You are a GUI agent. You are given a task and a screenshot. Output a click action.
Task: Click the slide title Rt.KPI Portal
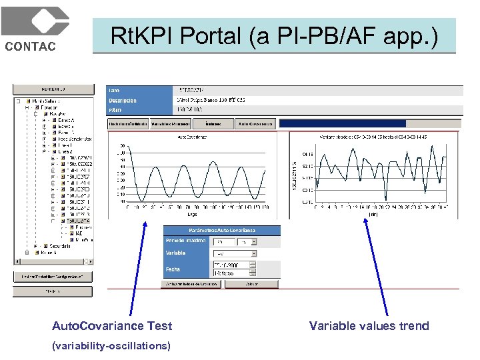tap(274, 36)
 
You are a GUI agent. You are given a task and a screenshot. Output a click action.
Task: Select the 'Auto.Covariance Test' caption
tap(112, 326)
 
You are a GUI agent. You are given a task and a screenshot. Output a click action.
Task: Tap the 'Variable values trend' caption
tap(369, 326)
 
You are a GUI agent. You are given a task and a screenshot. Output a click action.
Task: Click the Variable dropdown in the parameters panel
tap(235, 253)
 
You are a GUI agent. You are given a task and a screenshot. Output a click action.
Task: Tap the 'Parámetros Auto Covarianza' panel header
tap(221, 230)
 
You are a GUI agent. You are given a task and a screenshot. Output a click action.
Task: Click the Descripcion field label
tap(123, 101)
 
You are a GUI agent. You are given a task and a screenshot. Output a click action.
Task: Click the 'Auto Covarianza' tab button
tap(256, 124)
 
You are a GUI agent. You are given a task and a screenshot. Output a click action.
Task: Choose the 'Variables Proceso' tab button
tap(170, 124)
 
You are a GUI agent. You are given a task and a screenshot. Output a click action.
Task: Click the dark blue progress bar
tap(342, 123)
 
